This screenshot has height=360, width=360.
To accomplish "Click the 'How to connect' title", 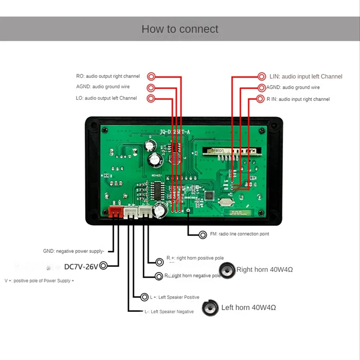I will pyautogui.click(x=180, y=29).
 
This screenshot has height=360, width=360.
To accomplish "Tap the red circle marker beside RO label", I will pyautogui.click(x=152, y=76).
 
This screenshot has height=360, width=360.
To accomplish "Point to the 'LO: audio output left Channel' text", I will pyautogui.click(x=107, y=98).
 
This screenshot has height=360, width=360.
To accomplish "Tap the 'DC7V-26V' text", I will pyautogui.click(x=81, y=266).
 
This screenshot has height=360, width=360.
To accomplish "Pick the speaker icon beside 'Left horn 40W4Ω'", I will pyautogui.click(x=210, y=308).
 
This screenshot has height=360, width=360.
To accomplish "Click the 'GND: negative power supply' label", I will pyautogui.click(x=73, y=252).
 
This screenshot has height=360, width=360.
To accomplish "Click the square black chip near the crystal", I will pyautogui.click(x=209, y=196).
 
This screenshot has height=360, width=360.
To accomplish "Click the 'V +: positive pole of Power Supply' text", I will pyautogui.click(x=39, y=281).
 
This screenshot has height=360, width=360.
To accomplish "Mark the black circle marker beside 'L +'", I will pyautogui.click(x=144, y=297).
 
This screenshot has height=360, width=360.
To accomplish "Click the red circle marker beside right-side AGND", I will pyautogui.click(x=262, y=87).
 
